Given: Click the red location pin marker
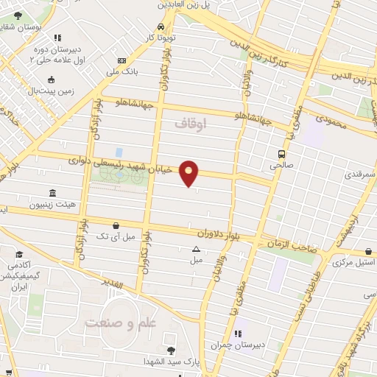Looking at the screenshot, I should [x=189, y=172].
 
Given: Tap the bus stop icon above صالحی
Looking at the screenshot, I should [x=282, y=154].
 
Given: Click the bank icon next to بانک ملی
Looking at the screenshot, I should [x=122, y=61].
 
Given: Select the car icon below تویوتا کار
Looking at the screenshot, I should [x=171, y=25].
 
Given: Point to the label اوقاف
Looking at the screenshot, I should [x=193, y=124].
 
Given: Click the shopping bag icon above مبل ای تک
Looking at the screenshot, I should [x=115, y=225].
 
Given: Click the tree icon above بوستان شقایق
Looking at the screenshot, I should [x=18, y=15].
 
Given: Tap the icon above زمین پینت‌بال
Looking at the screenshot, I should [x=51, y=80].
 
